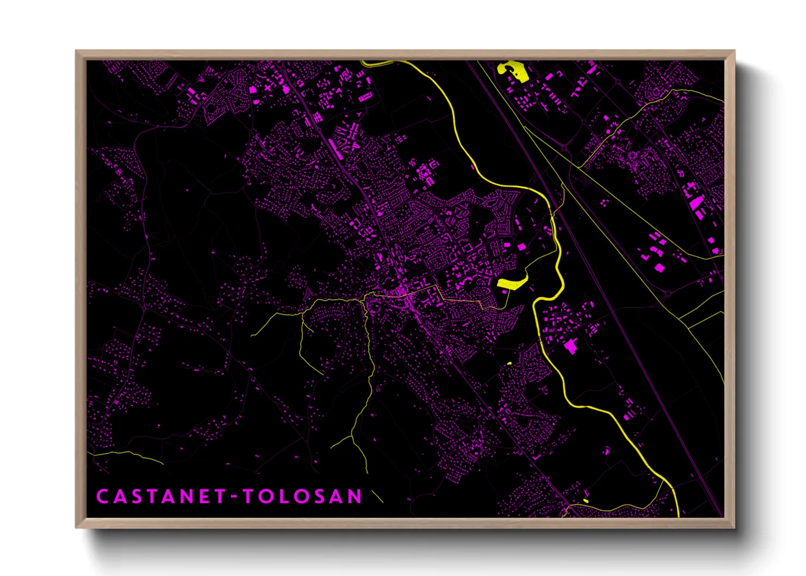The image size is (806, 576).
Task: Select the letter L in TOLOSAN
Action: [283, 497]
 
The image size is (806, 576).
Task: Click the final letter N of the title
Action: [355, 497]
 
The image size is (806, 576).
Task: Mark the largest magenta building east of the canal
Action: [571, 346]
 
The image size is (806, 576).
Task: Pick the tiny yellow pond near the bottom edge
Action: [586, 500]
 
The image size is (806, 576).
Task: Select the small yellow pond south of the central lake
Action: [509, 363]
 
